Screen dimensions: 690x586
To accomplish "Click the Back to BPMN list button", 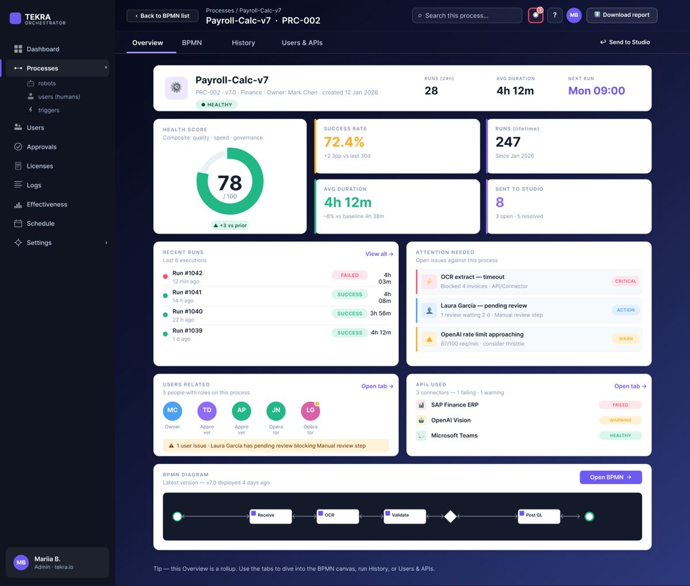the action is point(162,16).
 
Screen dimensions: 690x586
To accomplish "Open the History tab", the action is point(243,43).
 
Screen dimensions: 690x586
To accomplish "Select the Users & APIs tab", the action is point(302,43).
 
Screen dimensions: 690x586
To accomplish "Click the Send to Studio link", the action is point(625,42).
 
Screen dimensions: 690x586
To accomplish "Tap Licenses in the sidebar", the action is point(40,166).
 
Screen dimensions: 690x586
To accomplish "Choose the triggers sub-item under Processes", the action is point(48,110).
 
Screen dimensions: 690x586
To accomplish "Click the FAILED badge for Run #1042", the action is point(350,275).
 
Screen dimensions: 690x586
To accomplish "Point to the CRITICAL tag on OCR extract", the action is point(625,281).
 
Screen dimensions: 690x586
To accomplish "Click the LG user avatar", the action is point(310,411).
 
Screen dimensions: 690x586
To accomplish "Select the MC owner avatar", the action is point(172,411).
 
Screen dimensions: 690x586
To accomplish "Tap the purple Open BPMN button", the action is point(611,477).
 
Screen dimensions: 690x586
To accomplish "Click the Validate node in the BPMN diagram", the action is point(405,516).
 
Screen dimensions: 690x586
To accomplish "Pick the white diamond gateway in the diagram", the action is point(450,516).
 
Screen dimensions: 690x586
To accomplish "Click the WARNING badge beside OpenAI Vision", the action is point(620,420).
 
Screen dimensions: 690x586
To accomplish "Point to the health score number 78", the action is point(229,183).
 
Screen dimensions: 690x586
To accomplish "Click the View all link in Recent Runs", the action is point(379,254).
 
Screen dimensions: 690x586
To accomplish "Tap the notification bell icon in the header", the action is point(535,16).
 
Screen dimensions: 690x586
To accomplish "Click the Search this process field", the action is point(467,16).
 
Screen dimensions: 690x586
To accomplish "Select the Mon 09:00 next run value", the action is point(596,90).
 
